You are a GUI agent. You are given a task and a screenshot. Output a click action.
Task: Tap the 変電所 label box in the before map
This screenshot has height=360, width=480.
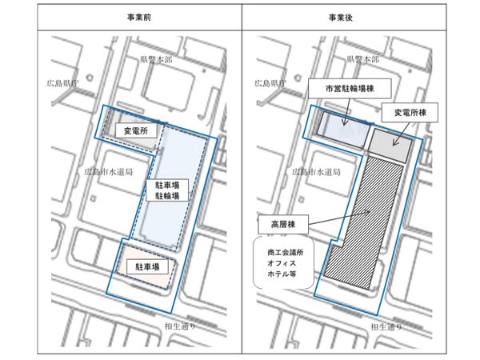(132, 130)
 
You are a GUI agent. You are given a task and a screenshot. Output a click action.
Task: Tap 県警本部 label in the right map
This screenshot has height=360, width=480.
(362, 59)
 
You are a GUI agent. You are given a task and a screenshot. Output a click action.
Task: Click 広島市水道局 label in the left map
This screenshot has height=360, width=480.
(102, 171)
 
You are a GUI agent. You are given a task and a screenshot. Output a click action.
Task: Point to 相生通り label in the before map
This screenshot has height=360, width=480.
(178, 327)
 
